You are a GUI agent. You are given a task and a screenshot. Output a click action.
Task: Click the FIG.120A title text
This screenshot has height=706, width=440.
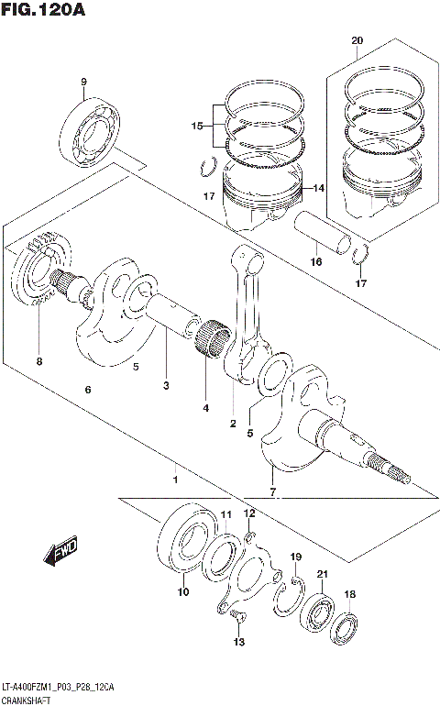42,11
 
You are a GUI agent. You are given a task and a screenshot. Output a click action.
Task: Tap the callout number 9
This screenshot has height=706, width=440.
82,83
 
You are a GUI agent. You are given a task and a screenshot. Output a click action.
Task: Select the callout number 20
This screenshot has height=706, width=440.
357,40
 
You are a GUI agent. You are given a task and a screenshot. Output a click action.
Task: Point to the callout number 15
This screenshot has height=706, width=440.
196,126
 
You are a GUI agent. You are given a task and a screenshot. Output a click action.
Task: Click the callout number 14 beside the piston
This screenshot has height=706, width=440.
319,188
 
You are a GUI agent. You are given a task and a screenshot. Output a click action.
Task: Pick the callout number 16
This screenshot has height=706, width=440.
315,261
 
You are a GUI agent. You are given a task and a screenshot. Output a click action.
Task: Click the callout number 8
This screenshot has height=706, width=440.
39,360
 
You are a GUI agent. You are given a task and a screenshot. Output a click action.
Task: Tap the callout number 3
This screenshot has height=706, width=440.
166,386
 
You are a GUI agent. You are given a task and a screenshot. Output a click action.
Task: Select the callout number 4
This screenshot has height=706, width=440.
205,407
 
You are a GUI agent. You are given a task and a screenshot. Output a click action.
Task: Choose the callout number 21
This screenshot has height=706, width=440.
322,574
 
